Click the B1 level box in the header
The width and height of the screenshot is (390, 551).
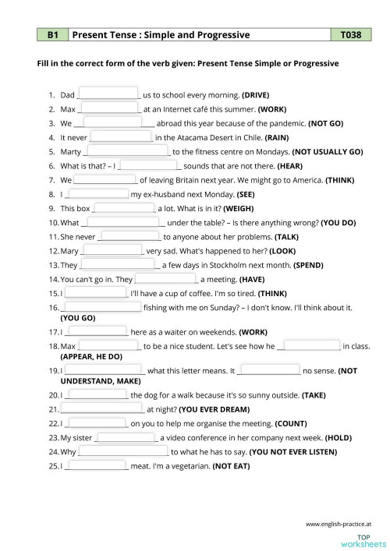click(x=53, y=35)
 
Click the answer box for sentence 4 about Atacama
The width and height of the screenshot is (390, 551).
click(x=121, y=136)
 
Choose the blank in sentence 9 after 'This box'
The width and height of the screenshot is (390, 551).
click(x=124, y=207)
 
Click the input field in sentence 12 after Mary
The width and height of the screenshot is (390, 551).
click(x=112, y=250)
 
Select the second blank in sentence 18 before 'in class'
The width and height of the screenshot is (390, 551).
click(x=312, y=344)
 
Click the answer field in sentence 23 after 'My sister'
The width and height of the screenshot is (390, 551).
click(x=127, y=436)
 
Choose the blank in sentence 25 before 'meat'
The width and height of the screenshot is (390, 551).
click(x=97, y=465)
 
